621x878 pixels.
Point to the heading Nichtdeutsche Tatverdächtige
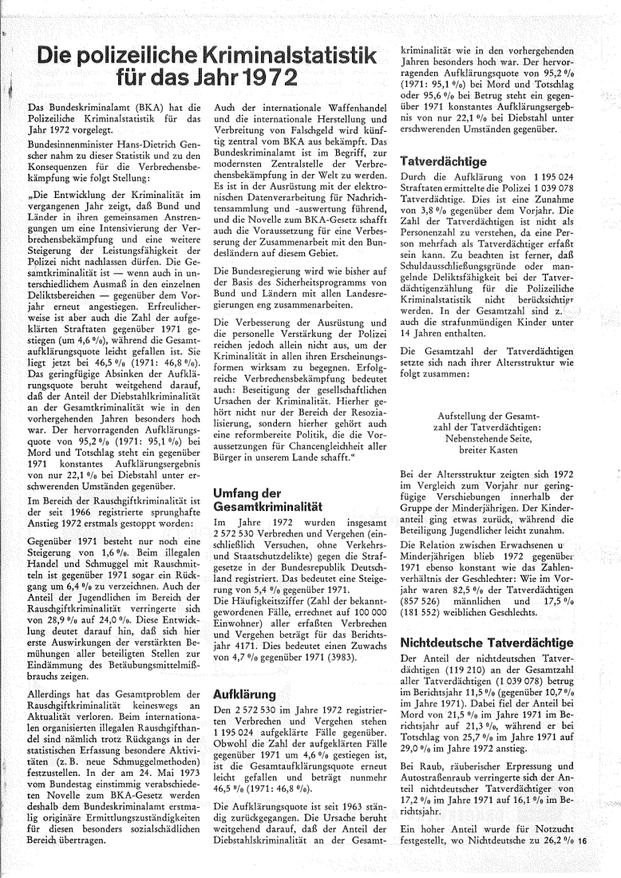(488, 642)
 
